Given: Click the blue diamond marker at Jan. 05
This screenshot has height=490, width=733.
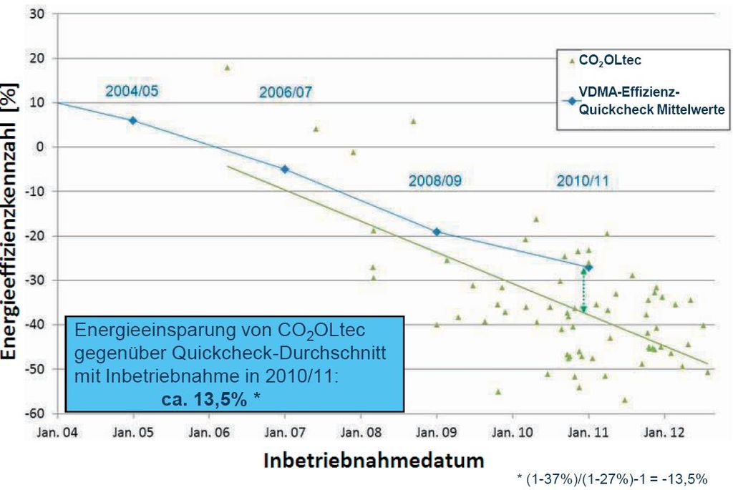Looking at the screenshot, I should click(x=133, y=120).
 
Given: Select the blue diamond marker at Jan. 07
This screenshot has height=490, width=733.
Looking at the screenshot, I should click(x=285, y=169).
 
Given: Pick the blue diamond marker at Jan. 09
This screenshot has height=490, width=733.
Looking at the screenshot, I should click(x=437, y=232).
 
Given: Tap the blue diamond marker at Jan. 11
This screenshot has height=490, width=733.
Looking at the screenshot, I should click(x=588, y=267).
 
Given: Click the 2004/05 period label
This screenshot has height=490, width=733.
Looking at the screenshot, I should click(x=132, y=91).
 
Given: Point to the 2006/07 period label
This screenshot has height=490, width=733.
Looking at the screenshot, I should click(x=286, y=92).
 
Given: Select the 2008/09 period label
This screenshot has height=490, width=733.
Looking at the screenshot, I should click(x=435, y=180).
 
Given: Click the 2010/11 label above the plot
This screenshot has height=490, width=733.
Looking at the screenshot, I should click(x=583, y=180).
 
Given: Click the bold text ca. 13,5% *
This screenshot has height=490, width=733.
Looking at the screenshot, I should click(x=205, y=399).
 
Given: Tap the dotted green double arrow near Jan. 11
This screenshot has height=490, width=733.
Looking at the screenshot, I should click(x=583, y=290).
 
